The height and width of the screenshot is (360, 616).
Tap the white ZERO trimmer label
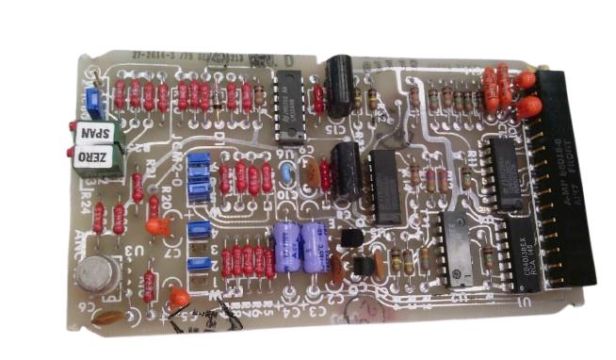[x=94, y=156]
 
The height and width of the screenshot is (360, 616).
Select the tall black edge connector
[x=568, y=179]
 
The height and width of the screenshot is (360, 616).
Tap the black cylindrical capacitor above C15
[x=340, y=82]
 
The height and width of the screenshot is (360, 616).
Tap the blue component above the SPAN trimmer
[x=91, y=100]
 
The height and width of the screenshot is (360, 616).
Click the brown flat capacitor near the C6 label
[x=106, y=318]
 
